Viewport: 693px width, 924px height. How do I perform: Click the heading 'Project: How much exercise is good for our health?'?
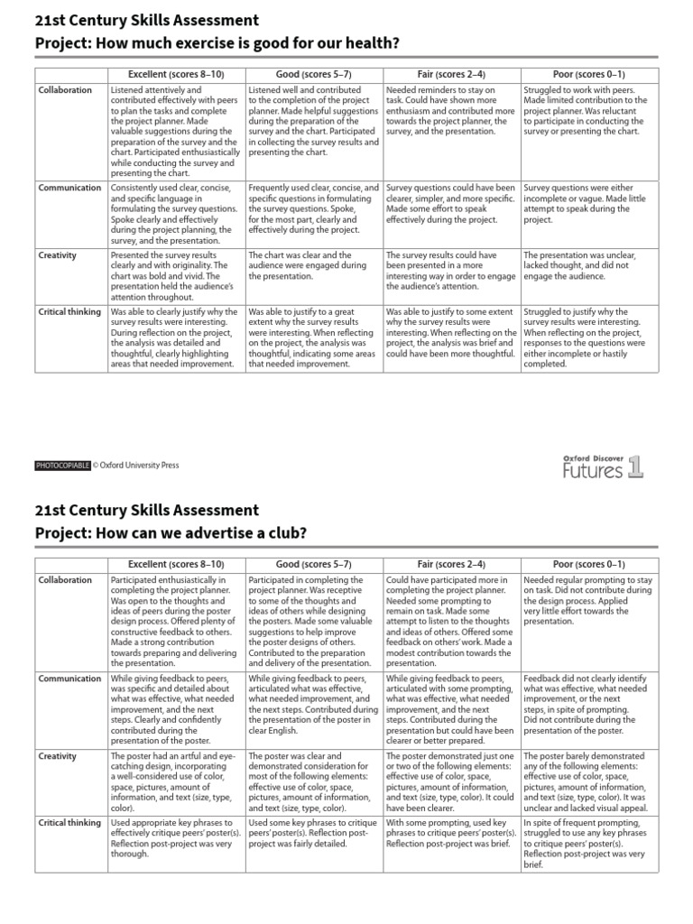point(217,44)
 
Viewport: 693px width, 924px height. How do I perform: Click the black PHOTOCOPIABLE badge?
point(62,466)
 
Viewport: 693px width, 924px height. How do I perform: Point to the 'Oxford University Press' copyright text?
point(136,466)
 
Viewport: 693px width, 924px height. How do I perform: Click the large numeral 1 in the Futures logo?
point(636,466)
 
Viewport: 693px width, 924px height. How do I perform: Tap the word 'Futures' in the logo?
point(593,469)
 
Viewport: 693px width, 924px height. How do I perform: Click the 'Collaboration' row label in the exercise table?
point(65,90)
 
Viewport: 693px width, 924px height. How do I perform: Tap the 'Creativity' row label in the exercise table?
point(58,255)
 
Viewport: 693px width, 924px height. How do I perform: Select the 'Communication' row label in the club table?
point(69,679)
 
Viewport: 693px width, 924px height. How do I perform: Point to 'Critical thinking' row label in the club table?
point(69,823)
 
